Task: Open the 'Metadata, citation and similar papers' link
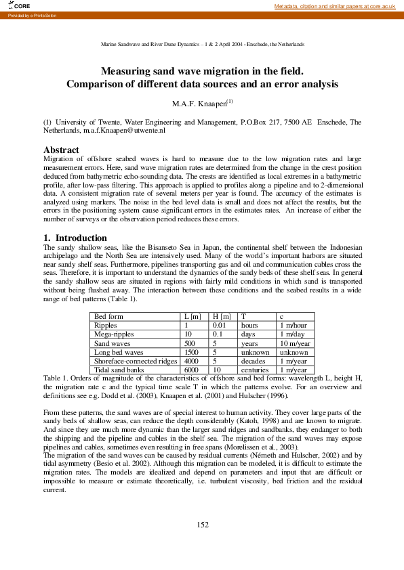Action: (x=335, y=6)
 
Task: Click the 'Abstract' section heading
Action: (x=61, y=150)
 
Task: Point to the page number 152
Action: (x=202, y=525)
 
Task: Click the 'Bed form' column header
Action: (x=108, y=316)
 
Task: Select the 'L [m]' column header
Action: (x=193, y=316)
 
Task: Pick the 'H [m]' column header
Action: (x=222, y=316)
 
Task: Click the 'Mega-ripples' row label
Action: (x=115, y=334)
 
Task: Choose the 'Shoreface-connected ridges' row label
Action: (x=136, y=361)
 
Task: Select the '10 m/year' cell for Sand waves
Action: (x=294, y=343)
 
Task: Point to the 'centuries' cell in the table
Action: (x=255, y=370)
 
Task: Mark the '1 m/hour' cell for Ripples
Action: (x=294, y=326)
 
